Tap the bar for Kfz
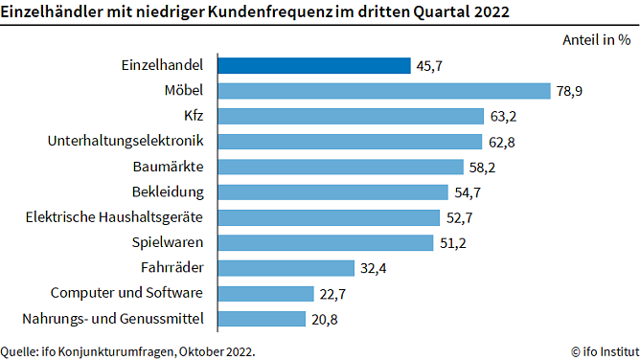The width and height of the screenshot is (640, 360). [x=351, y=116]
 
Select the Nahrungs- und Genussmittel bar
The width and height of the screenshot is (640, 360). [x=262, y=318]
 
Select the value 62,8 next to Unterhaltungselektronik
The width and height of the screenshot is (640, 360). [x=501, y=142]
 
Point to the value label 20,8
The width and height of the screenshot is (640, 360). [x=324, y=318]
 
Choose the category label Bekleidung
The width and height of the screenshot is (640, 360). [x=167, y=191]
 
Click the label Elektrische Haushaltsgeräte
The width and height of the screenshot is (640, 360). [x=115, y=216]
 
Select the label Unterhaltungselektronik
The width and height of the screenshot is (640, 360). [x=126, y=141]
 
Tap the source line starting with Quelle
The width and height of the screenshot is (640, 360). [x=128, y=350]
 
